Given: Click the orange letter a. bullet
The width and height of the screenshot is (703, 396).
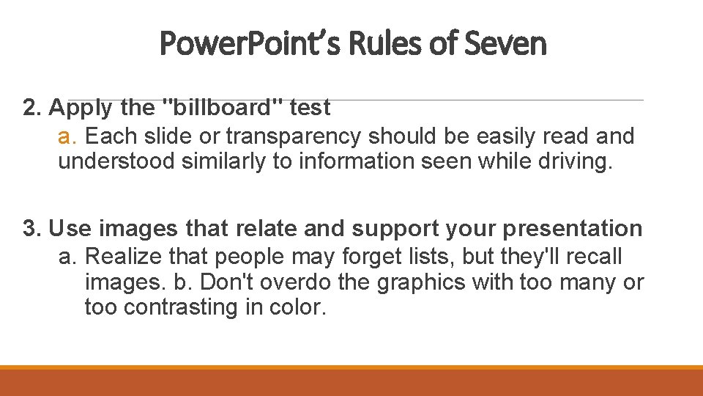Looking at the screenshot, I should [x=68, y=136].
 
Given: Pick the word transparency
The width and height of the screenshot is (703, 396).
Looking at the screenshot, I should [x=291, y=136].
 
